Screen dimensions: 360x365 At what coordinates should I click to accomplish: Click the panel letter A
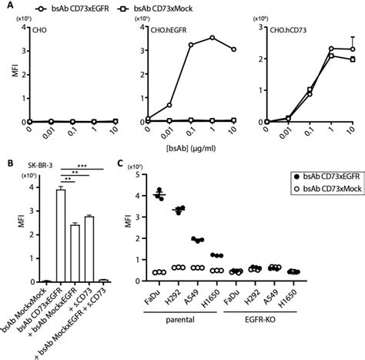click(x=5, y=6)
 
